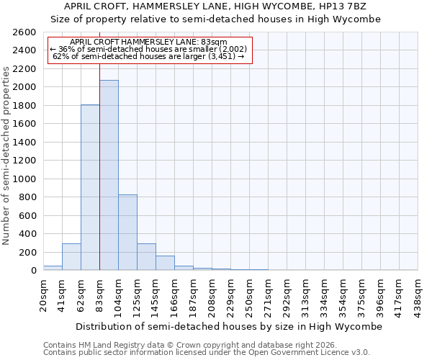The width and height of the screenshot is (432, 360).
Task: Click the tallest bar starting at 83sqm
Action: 109,175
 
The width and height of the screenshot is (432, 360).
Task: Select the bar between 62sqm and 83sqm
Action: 90,187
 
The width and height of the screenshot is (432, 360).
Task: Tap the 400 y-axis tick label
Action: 28,234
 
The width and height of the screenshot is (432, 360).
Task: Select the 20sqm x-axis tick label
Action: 44,292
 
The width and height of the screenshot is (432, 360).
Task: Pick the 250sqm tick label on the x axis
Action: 250,292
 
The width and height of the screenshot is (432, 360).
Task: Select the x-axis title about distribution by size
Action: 228,326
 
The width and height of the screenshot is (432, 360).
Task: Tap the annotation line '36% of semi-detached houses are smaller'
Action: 149,49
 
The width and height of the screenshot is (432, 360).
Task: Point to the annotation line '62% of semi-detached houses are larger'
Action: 149,56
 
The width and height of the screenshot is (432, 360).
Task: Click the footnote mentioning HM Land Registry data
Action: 191,345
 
